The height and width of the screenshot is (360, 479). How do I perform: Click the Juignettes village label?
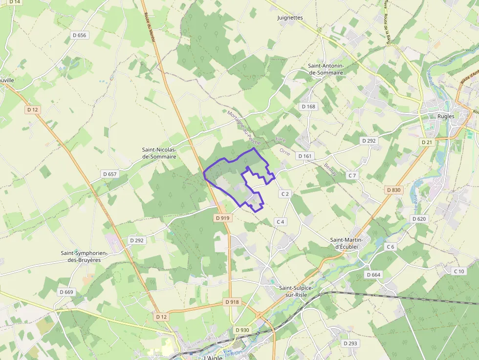[x=290, y=18]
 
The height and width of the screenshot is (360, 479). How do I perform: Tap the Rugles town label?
[x=446, y=116]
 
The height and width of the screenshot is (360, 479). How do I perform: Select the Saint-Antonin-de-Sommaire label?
[x=326, y=69]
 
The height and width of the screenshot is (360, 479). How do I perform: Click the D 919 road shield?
[x=222, y=218]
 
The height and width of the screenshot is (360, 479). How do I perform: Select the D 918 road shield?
[x=233, y=302]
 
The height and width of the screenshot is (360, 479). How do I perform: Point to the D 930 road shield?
[x=242, y=330]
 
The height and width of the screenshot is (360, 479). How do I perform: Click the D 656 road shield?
[x=79, y=35]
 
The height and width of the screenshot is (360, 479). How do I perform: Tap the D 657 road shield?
[x=110, y=174]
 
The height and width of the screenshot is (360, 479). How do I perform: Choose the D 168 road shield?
[x=308, y=106]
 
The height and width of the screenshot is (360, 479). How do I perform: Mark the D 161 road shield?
[x=305, y=156]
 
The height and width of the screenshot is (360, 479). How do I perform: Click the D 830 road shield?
[x=393, y=190]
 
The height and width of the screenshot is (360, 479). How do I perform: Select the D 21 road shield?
[x=427, y=142]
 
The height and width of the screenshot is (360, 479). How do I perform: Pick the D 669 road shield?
[x=66, y=292]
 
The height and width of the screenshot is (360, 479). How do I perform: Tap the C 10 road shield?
[x=458, y=271]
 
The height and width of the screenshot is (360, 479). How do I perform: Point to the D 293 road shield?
[x=350, y=343]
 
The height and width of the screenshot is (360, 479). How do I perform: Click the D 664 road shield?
[x=373, y=275]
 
